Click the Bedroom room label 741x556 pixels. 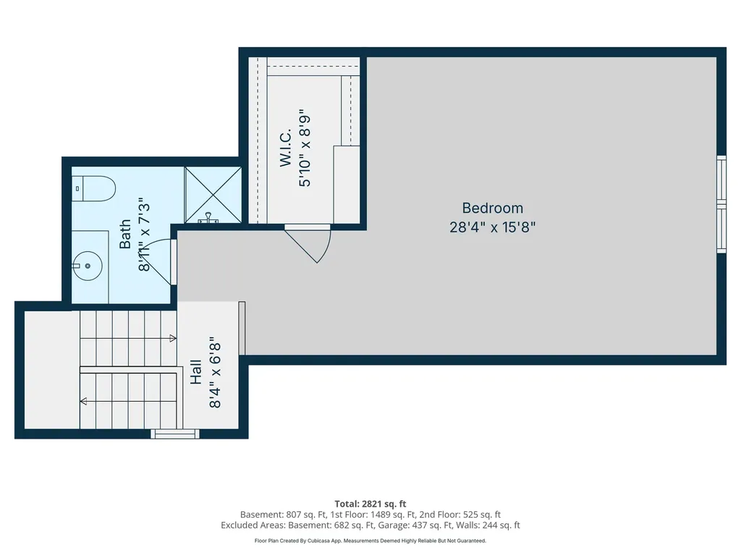pyautogui.click(x=492, y=208)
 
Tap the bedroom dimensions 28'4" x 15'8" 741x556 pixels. pyautogui.click(x=492, y=227)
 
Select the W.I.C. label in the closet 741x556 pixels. pyautogui.click(x=285, y=148)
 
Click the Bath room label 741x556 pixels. pyautogui.click(x=125, y=234)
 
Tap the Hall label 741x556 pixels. pyautogui.click(x=195, y=372)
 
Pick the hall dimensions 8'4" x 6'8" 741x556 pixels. pyautogui.click(x=214, y=373)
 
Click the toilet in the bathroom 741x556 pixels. pyautogui.click(x=93, y=189)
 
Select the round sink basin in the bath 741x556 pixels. pyautogui.click(x=88, y=266)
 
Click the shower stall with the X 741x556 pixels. pyautogui.click(x=213, y=194)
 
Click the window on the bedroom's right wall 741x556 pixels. pyautogui.click(x=721, y=204)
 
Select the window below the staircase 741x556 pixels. pyautogui.click(x=175, y=434)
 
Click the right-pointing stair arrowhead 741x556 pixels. pyautogui.click(x=173, y=339)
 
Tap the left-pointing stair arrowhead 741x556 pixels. pyautogui.click(x=84, y=401)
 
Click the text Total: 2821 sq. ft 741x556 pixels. pyautogui.click(x=370, y=504)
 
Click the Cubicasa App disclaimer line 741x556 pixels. pyautogui.click(x=370, y=540)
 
